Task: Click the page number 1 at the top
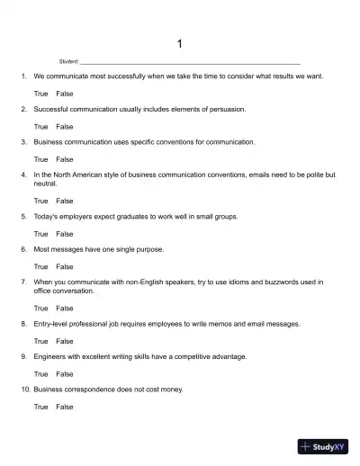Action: (x=180, y=43)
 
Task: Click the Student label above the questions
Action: (x=68, y=61)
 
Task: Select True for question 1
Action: (x=40, y=94)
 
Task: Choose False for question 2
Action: (x=65, y=126)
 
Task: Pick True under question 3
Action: (x=40, y=159)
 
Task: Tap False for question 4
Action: (x=65, y=201)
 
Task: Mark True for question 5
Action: (x=40, y=234)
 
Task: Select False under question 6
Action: (x=65, y=266)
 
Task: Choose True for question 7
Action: (x=40, y=308)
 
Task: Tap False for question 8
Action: (x=65, y=341)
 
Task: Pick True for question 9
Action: (x=40, y=373)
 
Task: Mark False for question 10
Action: (x=65, y=407)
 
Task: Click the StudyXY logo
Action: (x=323, y=445)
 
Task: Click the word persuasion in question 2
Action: (x=228, y=109)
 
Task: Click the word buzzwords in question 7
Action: (x=270, y=282)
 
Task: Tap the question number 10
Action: (x=25, y=390)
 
